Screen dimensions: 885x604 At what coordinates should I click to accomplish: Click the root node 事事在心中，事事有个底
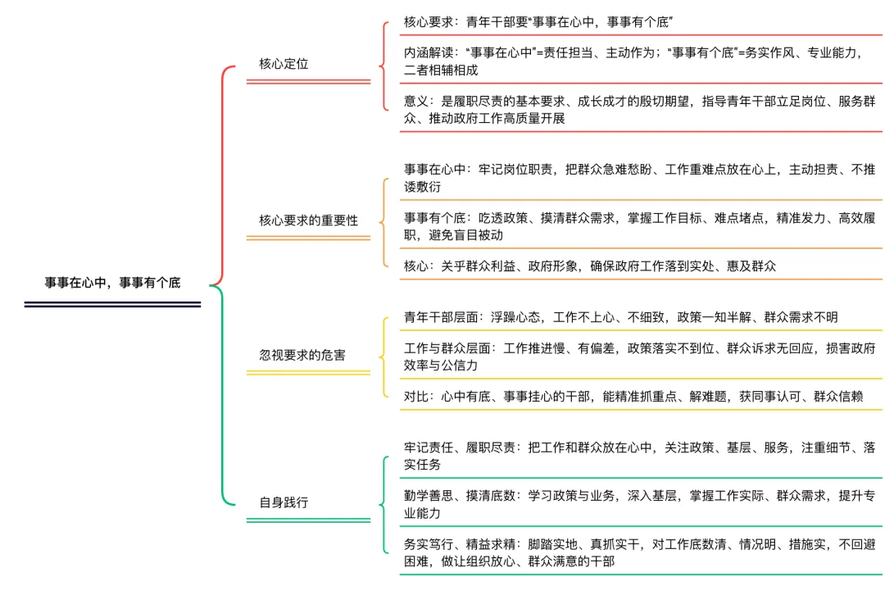[112, 283]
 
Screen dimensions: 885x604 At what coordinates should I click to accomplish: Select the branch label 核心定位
[284, 63]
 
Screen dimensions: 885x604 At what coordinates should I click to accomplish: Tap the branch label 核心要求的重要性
[308, 220]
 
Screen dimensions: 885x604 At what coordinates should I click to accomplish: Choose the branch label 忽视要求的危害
[302, 355]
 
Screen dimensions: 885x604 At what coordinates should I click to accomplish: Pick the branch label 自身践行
[284, 502]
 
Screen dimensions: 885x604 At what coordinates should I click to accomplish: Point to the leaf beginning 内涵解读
[639, 61]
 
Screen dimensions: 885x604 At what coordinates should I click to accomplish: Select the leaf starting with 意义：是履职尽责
[639, 110]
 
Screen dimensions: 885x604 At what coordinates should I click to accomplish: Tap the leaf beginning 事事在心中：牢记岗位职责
[639, 178]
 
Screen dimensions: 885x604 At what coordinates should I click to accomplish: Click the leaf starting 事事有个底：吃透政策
[639, 226]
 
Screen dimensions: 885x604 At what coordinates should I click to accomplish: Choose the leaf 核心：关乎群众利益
[590, 266]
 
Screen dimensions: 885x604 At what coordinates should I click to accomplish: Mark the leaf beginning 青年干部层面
[620, 317]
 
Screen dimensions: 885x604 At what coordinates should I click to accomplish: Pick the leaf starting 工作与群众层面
[639, 356]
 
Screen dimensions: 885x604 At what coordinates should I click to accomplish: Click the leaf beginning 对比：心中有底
[633, 397]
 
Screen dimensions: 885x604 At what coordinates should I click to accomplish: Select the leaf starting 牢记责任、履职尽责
[639, 456]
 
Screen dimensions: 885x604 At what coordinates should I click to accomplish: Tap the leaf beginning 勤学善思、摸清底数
[639, 504]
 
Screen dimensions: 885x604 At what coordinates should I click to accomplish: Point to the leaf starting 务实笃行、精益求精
[639, 552]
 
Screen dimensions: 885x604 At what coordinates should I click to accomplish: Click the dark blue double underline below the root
[112, 304]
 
